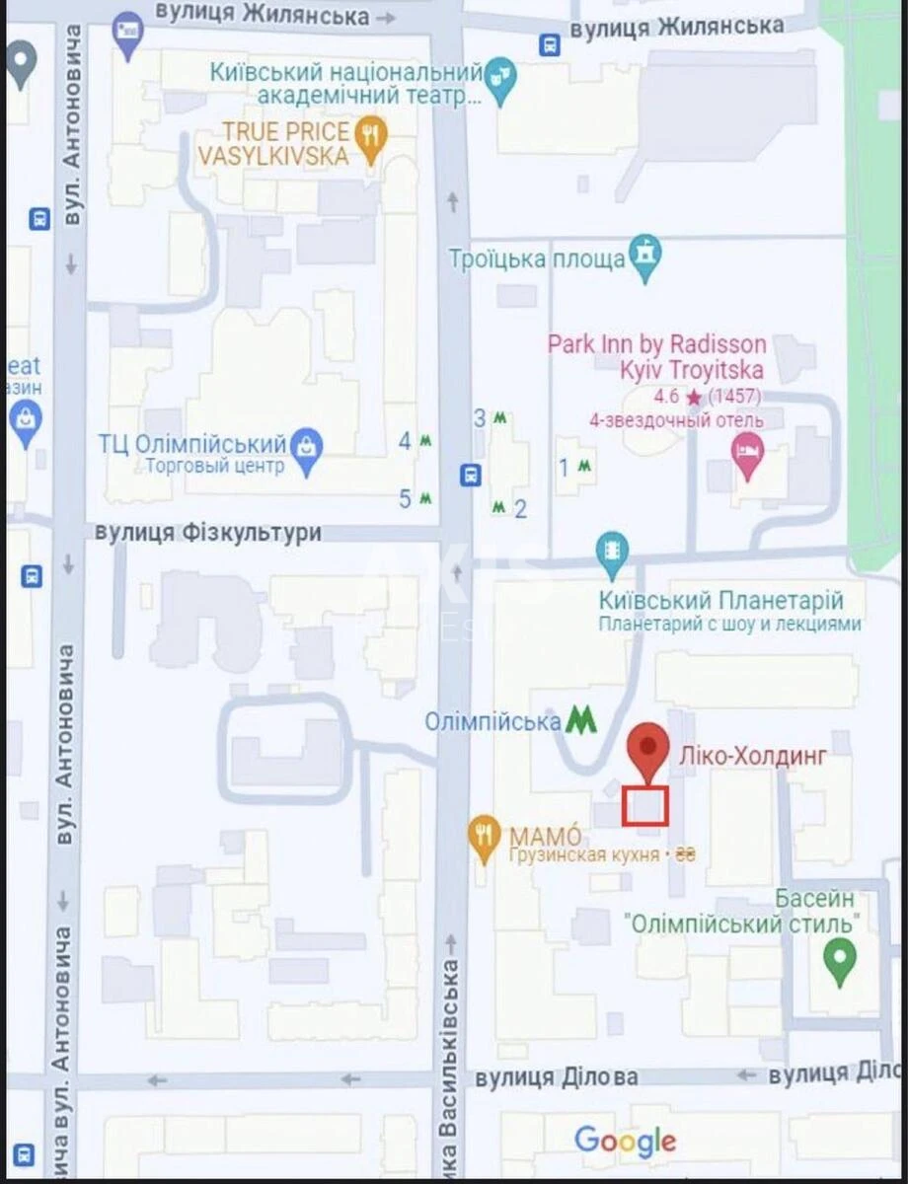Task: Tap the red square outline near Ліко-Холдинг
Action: tap(646, 805)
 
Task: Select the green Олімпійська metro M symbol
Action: tap(581, 721)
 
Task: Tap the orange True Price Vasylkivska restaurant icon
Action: tap(371, 140)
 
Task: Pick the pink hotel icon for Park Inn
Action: tap(747, 455)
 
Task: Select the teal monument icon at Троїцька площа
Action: tap(645, 259)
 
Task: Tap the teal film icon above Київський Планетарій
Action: tap(613, 554)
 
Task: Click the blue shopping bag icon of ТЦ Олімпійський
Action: tap(308, 452)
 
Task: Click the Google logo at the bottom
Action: tap(626, 1142)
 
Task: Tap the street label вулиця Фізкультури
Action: tap(208, 533)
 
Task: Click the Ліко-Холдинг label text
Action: tap(752, 756)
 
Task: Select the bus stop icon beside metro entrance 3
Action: tap(471, 475)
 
